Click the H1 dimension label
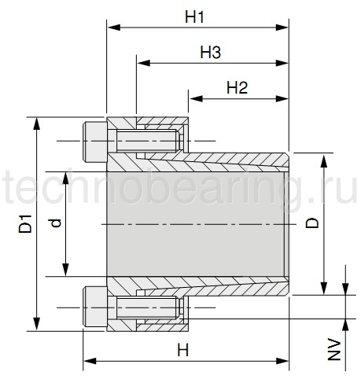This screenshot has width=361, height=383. [x=194, y=17]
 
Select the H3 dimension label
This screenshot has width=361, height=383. [x=211, y=52]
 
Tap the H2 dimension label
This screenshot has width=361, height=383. [x=237, y=88]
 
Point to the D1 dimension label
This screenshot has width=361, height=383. [x=25, y=223]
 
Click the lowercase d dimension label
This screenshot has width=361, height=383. [x=56, y=223]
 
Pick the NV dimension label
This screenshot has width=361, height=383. [x=334, y=349]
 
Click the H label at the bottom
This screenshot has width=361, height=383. [x=183, y=350]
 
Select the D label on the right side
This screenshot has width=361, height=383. [x=312, y=223]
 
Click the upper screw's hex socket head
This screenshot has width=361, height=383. [x=95, y=142]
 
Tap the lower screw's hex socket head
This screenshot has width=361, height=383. [x=95, y=308]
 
